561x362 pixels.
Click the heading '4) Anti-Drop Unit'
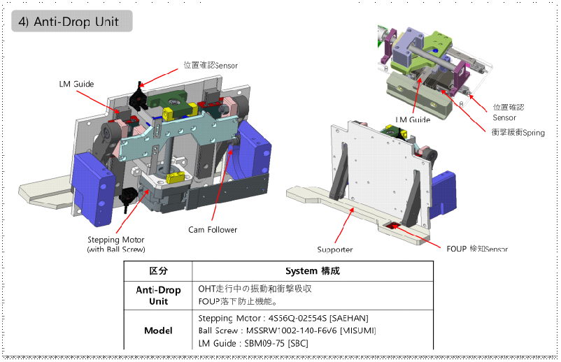69,22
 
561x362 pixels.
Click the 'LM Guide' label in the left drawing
76,85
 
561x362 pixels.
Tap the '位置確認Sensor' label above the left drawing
211,66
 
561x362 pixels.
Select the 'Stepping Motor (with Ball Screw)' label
116,245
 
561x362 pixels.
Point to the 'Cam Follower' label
213,229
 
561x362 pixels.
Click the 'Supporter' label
335,249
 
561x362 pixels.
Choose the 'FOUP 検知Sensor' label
477,248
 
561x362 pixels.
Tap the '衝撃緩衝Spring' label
518,132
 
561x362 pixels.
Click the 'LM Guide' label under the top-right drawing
413,120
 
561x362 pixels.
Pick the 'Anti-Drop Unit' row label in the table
158,296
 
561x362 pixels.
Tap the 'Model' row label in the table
158,331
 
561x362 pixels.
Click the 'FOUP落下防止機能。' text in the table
238,302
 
